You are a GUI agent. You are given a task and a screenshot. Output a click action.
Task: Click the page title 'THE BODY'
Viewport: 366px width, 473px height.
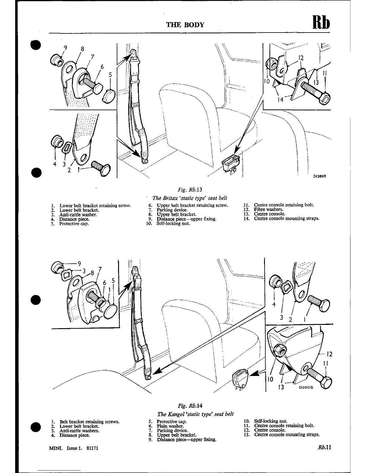tap(185, 25)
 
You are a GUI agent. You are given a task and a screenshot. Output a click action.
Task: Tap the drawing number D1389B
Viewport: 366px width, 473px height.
tap(319, 176)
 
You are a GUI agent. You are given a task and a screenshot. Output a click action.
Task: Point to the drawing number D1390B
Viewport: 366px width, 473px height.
tap(305, 387)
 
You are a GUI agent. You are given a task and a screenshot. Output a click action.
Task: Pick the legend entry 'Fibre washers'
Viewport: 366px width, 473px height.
tap(268, 209)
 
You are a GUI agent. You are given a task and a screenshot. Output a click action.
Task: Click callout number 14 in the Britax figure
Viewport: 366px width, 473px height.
tap(280, 100)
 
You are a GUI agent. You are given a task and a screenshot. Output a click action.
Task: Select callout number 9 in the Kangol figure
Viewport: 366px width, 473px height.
tap(79, 263)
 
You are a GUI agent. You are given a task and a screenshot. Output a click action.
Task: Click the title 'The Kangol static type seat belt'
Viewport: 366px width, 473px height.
tap(195, 414)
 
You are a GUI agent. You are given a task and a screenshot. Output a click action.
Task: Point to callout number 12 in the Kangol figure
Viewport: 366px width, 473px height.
tap(329, 354)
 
